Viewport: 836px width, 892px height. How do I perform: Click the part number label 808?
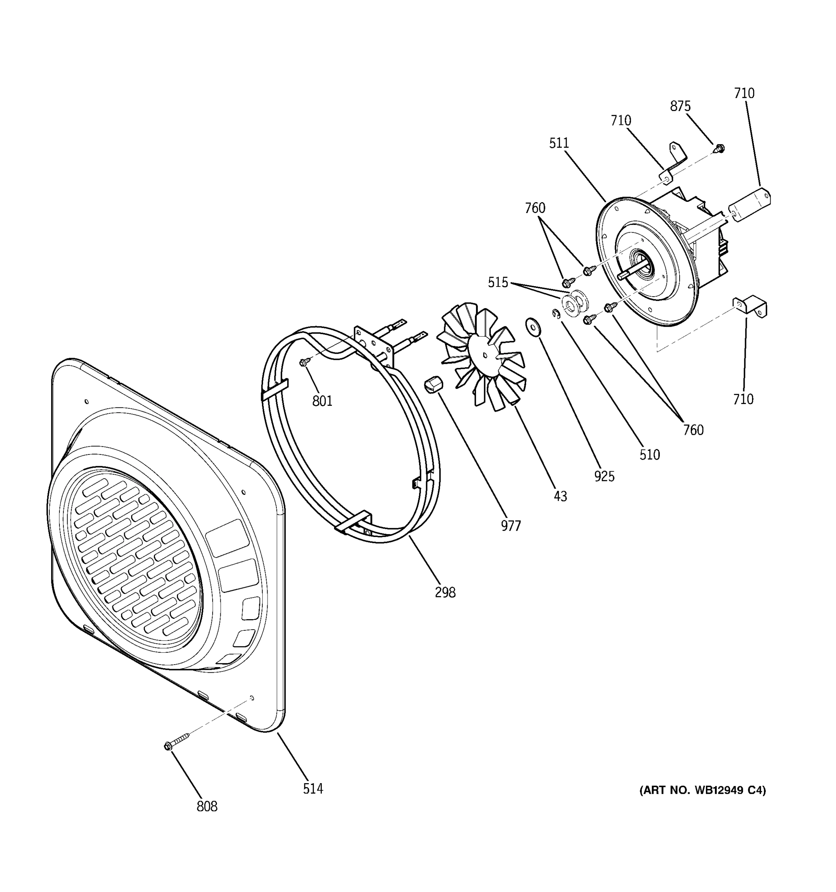coord(207,806)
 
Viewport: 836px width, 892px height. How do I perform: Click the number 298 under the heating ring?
coord(445,592)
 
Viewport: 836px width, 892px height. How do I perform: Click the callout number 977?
coord(511,526)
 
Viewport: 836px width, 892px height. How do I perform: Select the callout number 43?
coord(560,496)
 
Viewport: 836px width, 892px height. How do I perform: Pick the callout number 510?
coord(649,455)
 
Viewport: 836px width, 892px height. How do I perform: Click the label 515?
coord(498,282)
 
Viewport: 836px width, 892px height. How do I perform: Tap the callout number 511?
coord(559,143)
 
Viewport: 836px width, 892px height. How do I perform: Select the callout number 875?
coord(680,106)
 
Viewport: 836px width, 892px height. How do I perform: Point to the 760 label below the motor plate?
coord(693,430)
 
